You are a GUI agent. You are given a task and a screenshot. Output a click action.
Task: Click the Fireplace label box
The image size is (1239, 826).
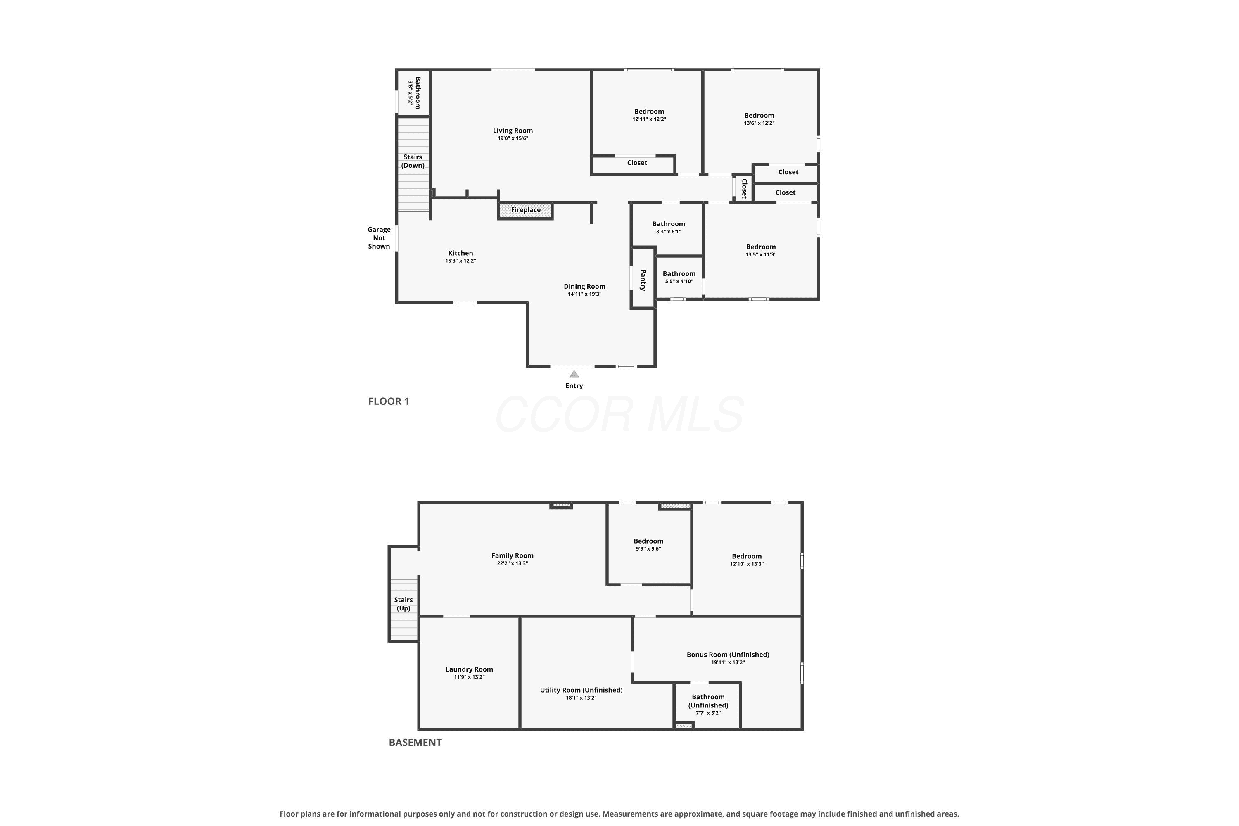[525, 210]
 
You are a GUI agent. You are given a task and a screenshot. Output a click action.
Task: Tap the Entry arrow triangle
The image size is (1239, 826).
[574, 374]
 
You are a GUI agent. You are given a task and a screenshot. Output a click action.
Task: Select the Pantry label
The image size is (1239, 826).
[643, 280]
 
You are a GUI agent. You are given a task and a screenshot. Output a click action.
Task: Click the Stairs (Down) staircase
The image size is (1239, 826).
[413, 164]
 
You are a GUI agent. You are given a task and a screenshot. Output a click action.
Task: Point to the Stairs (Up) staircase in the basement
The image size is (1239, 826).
[404, 610]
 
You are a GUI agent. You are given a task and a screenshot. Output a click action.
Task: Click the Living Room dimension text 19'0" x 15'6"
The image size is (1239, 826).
[513, 138]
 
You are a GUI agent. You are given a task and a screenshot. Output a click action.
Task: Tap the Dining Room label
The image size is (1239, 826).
[584, 287]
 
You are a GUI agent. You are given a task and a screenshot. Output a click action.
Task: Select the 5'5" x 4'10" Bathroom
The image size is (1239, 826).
[679, 278]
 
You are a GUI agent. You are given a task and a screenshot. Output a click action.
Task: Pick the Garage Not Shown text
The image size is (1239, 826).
[379, 238]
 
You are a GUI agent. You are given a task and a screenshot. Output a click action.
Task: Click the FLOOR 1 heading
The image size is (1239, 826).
[389, 401]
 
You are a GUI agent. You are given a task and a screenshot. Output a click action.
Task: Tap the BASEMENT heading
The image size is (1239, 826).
[415, 743]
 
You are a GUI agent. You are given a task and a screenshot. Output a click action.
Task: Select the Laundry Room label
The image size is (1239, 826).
[469, 669]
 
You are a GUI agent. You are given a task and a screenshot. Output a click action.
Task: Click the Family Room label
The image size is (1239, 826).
[513, 556]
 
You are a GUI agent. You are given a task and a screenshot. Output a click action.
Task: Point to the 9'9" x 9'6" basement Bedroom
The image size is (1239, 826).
[649, 544]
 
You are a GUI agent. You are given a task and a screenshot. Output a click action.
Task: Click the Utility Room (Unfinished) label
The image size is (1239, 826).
[581, 690]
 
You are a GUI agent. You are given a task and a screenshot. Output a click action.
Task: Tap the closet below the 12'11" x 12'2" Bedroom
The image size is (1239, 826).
[634, 165]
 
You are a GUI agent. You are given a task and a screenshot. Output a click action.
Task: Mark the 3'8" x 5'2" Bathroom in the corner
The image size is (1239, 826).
[413, 93]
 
